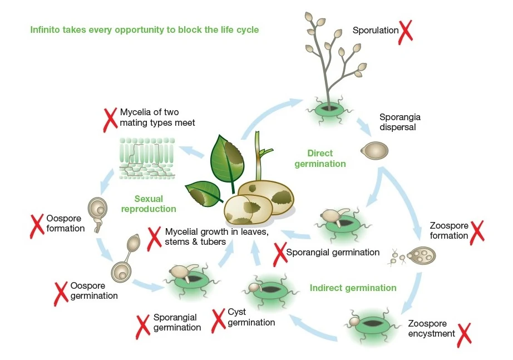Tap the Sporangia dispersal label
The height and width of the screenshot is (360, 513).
[x=400, y=122]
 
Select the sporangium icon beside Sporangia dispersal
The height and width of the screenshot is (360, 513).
[x=374, y=150]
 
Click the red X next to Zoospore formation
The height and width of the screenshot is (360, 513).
[x=477, y=231]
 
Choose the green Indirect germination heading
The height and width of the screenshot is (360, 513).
[x=353, y=288]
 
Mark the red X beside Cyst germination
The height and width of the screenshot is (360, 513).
[x=219, y=319]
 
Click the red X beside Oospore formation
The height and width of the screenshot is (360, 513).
[x=37, y=223]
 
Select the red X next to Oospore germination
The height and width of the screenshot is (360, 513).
[x=61, y=293]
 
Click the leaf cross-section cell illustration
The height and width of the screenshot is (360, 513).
[x=147, y=157]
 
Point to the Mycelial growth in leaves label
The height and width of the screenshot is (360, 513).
[x=217, y=236]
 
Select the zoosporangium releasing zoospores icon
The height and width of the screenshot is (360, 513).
[x=422, y=255]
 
